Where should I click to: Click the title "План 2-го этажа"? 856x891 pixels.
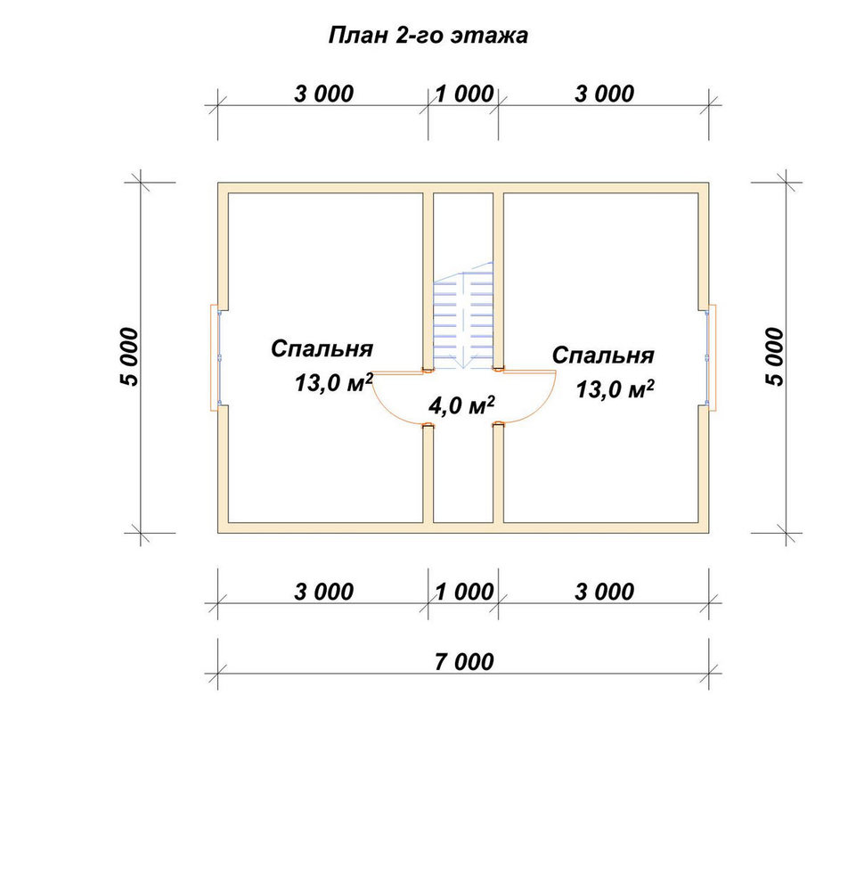point(428,36)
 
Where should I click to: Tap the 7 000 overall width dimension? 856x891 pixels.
point(464,662)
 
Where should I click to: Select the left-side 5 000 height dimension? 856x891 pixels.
point(129,357)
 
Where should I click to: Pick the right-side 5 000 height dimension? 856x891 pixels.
point(775,357)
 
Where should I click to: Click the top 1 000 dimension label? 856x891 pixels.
point(465,94)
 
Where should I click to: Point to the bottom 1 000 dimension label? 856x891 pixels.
point(465,593)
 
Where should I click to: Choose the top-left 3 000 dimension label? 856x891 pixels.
point(323,94)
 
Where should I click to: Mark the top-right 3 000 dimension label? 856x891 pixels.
point(605,94)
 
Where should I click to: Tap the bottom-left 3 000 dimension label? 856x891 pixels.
point(323,593)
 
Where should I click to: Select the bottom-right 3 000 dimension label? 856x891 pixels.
point(605,593)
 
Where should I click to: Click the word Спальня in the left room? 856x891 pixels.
point(322,349)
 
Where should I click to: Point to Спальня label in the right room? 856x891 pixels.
point(603,356)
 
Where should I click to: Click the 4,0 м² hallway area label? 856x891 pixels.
point(461,405)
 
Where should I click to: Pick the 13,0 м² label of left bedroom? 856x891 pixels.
point(333,382)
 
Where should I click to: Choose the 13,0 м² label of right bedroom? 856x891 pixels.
point(616,389)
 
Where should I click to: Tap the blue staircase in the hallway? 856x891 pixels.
point(463,316)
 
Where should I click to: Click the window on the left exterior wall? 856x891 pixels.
point(216,357)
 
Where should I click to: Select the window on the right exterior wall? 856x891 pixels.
point(711,357)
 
